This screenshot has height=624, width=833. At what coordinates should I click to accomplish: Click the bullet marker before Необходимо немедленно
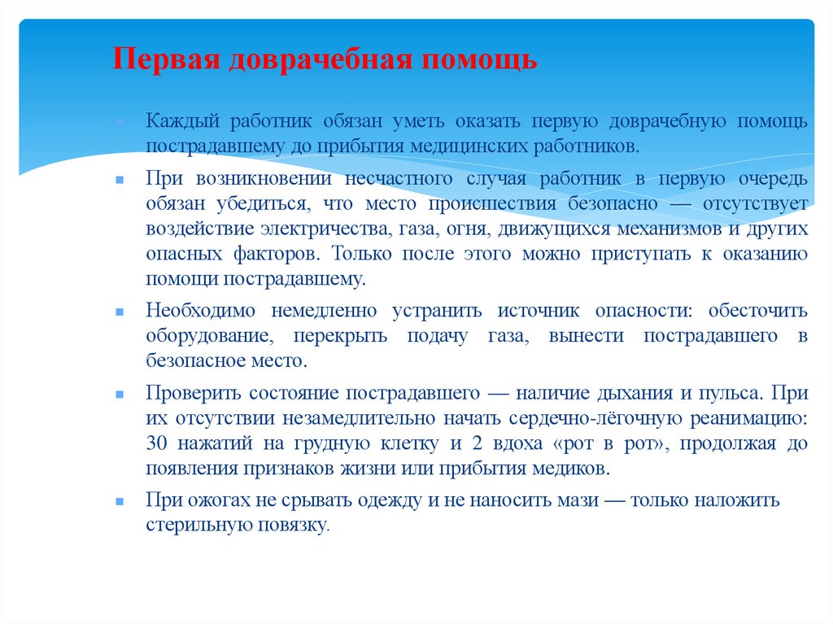[119, 312]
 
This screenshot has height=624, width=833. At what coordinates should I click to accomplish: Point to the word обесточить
[757, 311]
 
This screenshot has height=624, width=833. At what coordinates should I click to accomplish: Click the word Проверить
[193, 394]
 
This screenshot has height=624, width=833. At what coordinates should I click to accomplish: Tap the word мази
[574, 500]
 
